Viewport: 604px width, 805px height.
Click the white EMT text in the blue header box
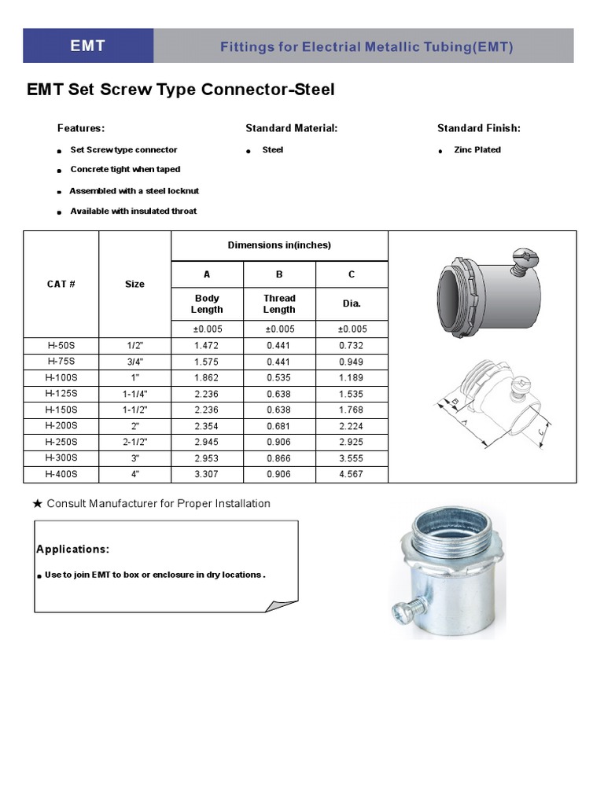[87, 46]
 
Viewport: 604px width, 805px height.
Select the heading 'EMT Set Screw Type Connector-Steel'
[181, 90]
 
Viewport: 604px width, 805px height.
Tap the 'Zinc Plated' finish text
[477, 149]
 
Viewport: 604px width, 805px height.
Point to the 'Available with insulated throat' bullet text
[133, 211]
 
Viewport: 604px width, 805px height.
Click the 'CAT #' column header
[61, 284]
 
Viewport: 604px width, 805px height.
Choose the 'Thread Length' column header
[279, 303]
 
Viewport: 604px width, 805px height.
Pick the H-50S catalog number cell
[61, 345]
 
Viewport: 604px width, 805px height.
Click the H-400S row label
[61, 474]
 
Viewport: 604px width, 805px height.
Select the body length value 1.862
[207, 377]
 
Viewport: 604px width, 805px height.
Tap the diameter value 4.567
[352, 474]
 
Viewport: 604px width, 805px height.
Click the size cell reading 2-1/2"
[134, 442]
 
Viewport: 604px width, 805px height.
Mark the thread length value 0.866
[279, 458]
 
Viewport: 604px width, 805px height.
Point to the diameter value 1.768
[352, 410]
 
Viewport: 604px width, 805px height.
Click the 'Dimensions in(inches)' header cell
[279, 245]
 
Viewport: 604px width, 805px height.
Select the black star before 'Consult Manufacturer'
[38, 504]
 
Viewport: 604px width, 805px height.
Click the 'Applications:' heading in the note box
[73, 549]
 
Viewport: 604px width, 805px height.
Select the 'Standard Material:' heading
[291, 128]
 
